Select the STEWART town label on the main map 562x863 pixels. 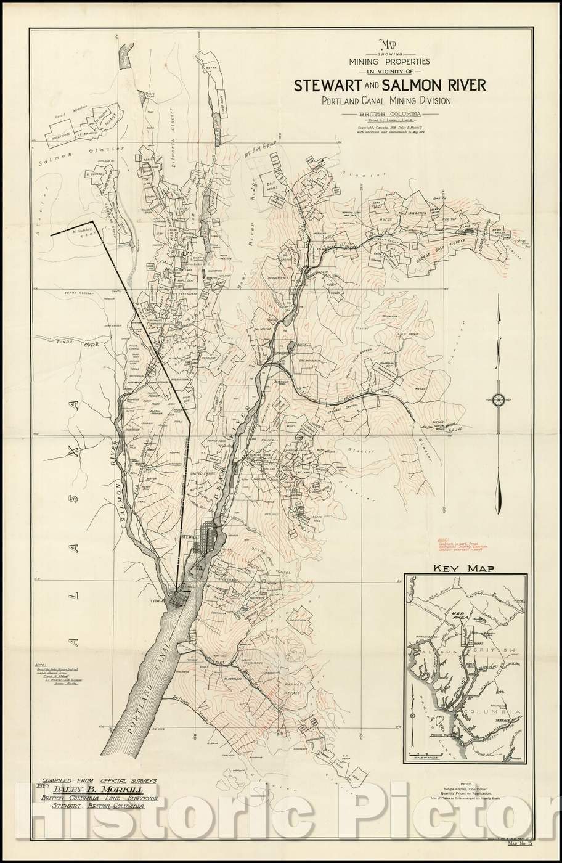(x=191, y=538)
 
